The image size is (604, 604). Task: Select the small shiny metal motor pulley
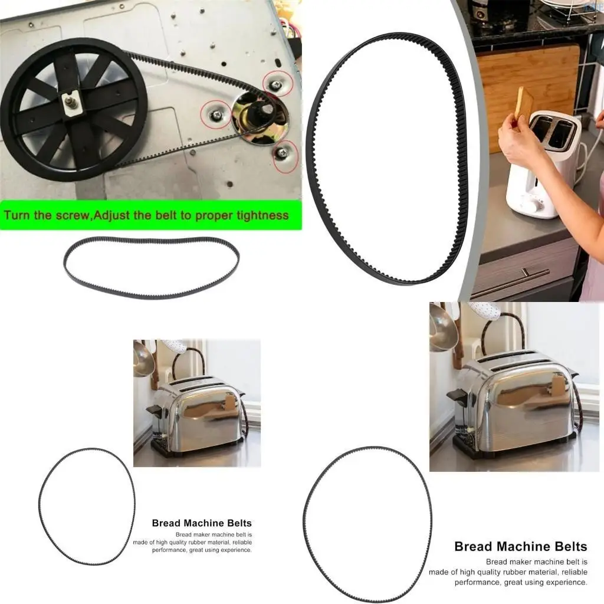[260, 117]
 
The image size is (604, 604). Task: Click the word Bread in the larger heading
[474, 546]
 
